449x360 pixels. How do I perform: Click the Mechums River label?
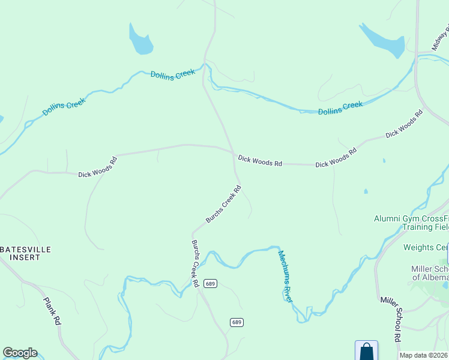click(285, 275)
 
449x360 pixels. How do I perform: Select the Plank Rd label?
click(52, 311)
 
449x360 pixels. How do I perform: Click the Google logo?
click(20, 353)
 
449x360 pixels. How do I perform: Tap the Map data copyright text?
click(424, 355)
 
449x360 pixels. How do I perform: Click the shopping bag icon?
click(366, 352)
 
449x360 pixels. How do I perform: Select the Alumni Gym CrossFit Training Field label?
click(411, 223)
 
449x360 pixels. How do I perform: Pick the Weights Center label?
click(426, 247)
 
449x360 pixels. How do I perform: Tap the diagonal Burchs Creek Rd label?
click(223, 204)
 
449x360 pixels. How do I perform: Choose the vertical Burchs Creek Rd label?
click(195, 263)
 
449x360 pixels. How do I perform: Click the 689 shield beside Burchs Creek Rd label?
click(209, 283)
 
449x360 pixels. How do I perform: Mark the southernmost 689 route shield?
click(237, 322)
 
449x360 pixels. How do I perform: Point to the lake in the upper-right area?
click(382, 40)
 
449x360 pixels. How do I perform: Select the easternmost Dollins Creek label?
click(340, 108)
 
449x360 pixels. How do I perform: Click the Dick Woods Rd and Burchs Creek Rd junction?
click(234, 154)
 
